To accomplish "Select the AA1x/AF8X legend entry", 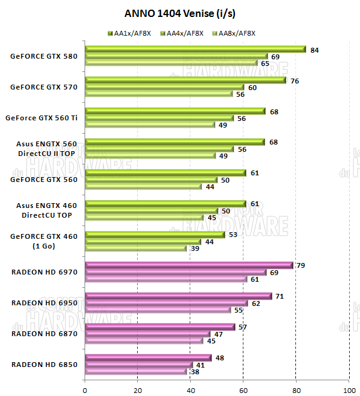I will tap(129, 33).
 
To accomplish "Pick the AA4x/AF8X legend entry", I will tap(181, 33).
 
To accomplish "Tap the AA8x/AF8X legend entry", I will tap(232, 33).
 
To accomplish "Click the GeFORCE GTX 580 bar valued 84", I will tap(195, 50).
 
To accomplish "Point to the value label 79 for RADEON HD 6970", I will tap(301, 265).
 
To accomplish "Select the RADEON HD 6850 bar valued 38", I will tap(136, 372).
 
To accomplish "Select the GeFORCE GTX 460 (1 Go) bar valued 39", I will tap(137, 248).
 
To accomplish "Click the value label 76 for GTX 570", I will tap(294, 80).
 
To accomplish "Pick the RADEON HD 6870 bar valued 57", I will tap(160, 327).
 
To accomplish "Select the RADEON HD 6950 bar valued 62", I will tap(167, 303).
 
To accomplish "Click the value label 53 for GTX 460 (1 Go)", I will tap(233, 234).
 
